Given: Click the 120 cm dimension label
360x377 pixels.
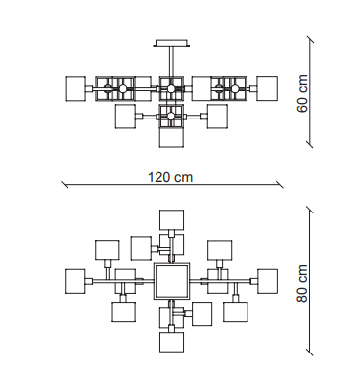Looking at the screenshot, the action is pos(170,177).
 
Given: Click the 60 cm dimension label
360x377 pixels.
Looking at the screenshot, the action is pos(302,94).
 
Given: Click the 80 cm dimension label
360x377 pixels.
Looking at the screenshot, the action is pos(302,283).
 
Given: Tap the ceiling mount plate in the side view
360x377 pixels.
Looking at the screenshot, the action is pos(171,43).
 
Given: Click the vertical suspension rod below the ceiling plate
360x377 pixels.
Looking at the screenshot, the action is pos(171,62).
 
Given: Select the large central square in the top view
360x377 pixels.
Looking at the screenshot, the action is pos(171,281).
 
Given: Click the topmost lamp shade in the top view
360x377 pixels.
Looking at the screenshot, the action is pos(171,219).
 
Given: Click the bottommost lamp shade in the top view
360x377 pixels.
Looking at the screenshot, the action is pos(171,342).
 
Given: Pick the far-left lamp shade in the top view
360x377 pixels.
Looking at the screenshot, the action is pos(75,281).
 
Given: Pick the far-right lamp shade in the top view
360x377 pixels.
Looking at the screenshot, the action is pos(267,281).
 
